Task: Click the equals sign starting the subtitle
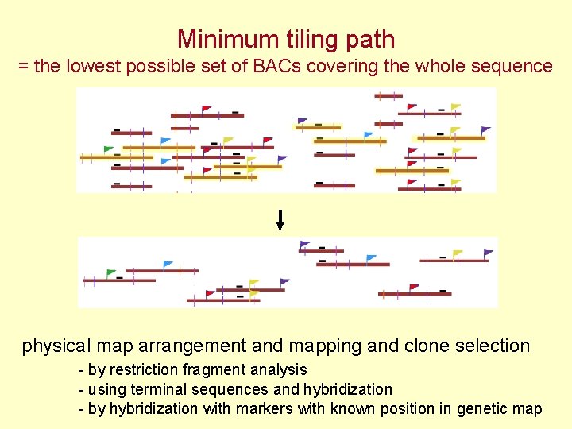coord(23,67)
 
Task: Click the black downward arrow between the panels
coord(280,220)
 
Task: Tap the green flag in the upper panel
coord(109,149)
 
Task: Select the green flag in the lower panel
coord(111,272)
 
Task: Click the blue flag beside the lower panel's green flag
coord(168,264)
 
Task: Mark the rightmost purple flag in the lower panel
coord(489,253)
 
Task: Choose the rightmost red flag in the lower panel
coord(414,288)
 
